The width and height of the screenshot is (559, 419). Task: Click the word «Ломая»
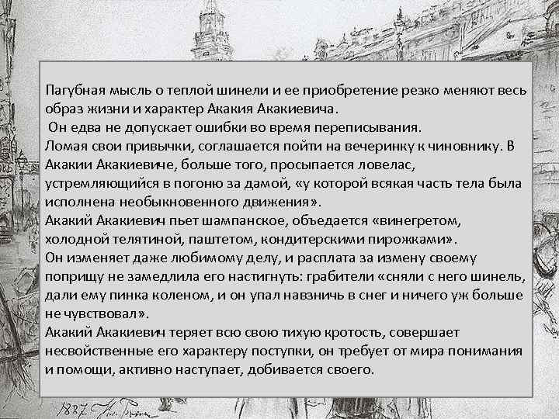click(66, 145)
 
